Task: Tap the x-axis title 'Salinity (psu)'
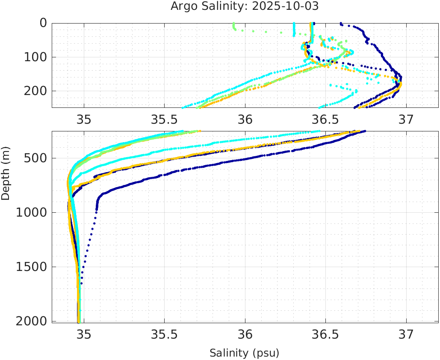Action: tap(244, 353)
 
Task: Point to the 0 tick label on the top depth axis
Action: tap(43, 23)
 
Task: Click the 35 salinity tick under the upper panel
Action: tap(84, 119)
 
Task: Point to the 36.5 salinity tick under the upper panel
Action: tap(325, 119)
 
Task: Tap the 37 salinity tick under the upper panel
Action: tap(406, 119)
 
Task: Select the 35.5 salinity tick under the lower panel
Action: tap(164, 334)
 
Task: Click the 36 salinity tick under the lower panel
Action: tap(245, 334)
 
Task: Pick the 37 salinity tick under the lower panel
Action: tap(406, 334)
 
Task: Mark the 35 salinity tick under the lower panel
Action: tap(84, 334)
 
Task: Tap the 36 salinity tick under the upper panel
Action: tap(245, 119)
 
